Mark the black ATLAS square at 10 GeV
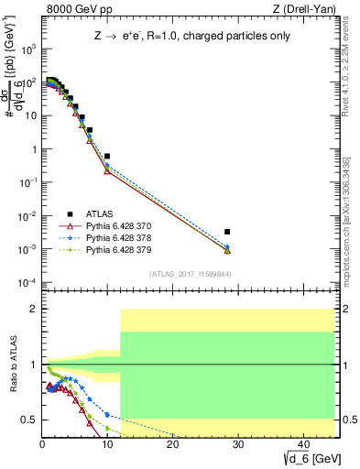[107, 157]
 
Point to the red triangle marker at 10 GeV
[107, 171]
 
